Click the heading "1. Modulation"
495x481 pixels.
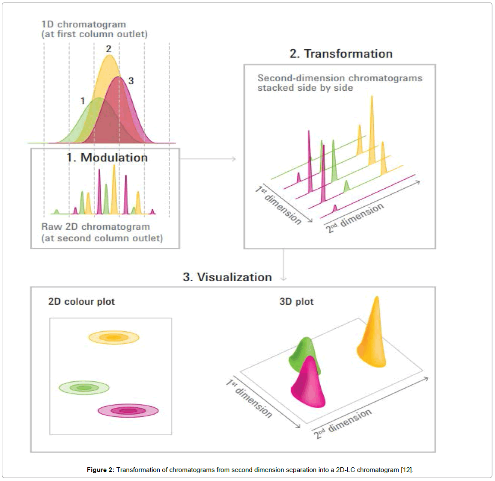107,157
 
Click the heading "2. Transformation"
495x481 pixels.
341,53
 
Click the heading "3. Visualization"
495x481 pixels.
227,277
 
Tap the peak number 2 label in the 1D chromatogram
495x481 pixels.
109,49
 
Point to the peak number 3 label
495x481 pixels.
131,80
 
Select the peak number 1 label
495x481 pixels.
83,101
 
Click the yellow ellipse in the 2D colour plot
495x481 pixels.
113,338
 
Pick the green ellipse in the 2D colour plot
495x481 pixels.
84,388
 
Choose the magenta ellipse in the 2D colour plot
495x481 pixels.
128,411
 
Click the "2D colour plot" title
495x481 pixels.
81,301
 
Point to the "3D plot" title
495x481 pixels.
296,301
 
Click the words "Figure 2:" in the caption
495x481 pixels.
100,470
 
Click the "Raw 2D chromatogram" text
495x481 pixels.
95,227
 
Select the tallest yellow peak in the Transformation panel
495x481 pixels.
372,128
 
